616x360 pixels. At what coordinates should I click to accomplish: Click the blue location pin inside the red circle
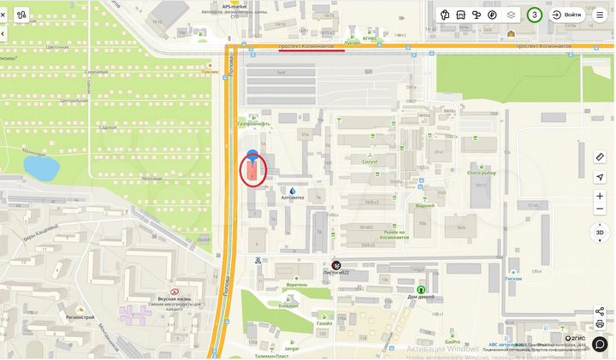[252, 155]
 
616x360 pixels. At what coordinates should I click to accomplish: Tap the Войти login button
[567, 15]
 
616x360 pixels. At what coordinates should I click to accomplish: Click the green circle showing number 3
[535, 15]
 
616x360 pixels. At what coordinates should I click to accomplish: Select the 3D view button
[600, 232]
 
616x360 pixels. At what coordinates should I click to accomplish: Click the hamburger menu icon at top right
[600, 15]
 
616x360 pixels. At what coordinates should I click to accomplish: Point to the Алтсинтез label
[293, 197]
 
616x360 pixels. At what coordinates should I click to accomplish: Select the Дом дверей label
[421, 296]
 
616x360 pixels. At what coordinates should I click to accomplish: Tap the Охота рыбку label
[482, 172]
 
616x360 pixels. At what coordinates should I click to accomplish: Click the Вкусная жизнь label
[173, 298]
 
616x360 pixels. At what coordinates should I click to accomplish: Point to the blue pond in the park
[40, 168]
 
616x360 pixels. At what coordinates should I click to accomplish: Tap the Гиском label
[513, 279]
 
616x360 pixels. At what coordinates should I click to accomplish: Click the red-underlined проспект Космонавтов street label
[311, 44]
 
